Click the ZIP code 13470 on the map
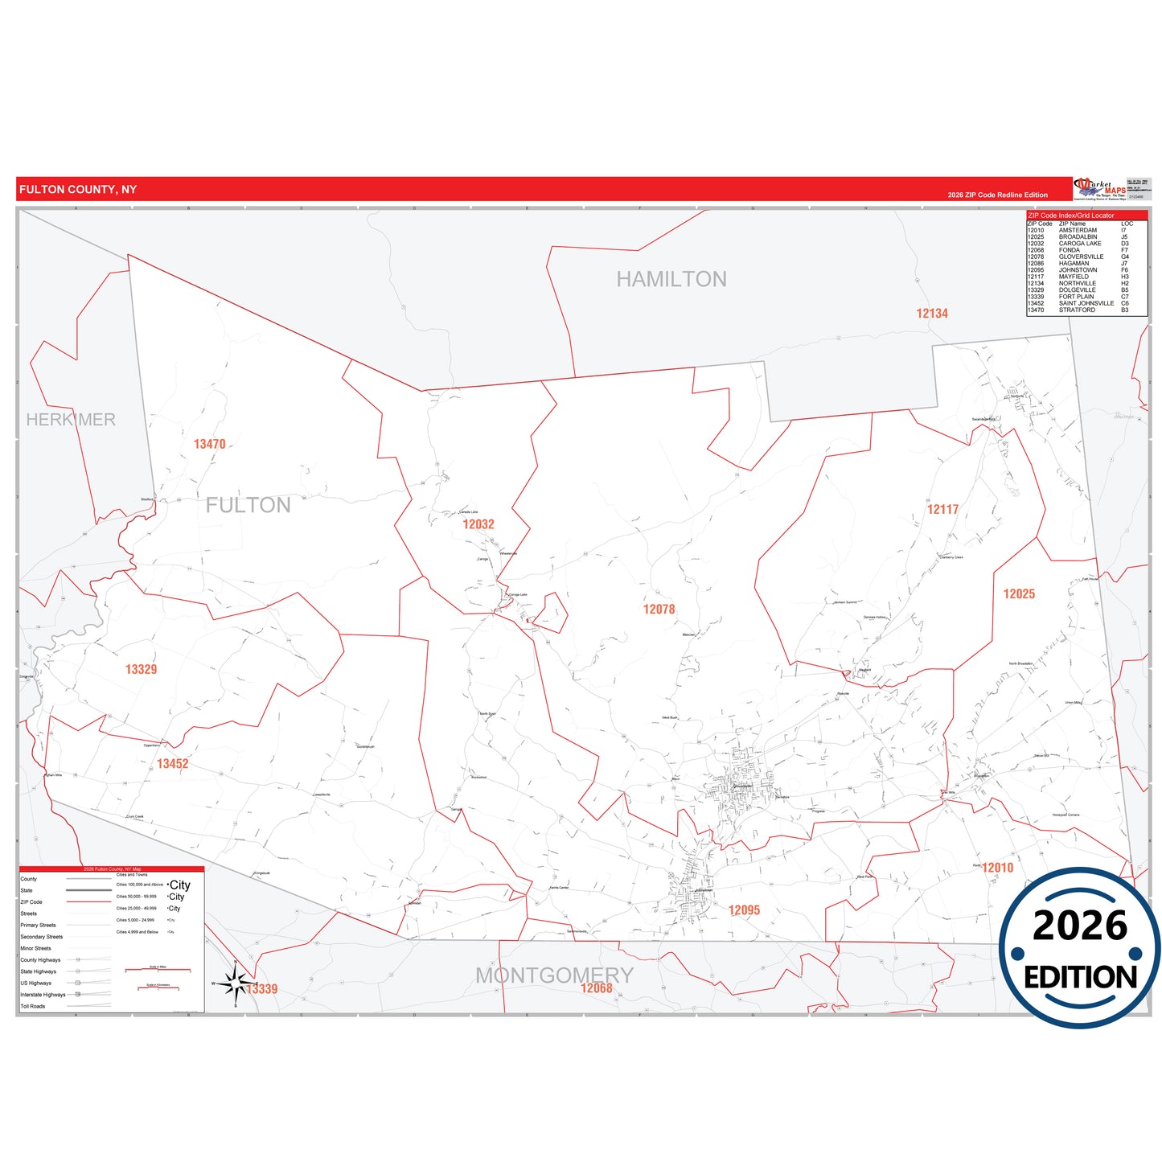(209, 444)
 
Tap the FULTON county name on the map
(248, 505)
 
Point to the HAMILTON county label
(671, 279)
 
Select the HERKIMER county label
(71, 420)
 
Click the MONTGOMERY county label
(554, 975)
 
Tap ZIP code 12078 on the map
(659, 610)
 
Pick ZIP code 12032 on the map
(478, 524)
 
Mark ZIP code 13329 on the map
(141, 669)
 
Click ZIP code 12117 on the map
(942, 509)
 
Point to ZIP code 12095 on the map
(744, 910)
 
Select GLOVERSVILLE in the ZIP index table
(1081, 257)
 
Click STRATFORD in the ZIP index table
(1077, 310)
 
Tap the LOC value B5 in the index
(1124, 289)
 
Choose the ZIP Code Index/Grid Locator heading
(1071, 216)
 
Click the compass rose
(235, 983)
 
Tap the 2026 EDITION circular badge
(1080, 947)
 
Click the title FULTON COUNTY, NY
(78, 190)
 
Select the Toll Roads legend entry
(33, 1006)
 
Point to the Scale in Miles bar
(158, 970)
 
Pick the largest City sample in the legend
(180, 885)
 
